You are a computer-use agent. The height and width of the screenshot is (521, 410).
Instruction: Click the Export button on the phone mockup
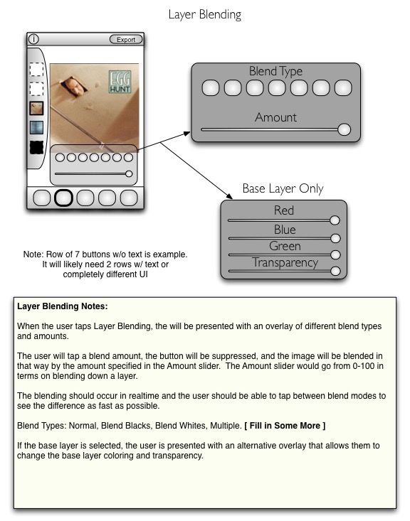[126, 40]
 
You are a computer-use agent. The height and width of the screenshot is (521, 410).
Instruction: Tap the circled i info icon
[33, 39]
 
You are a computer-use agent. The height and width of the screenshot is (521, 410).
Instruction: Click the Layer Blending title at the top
[205, 15]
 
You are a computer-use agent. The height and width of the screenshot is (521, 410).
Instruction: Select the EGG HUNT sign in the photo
[120, 82]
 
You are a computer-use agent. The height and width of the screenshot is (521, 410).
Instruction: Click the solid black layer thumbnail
[36, 148]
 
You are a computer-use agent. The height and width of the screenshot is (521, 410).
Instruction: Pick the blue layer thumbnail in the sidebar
[36, 128]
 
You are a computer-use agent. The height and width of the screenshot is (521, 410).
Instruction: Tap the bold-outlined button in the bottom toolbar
[63, 198]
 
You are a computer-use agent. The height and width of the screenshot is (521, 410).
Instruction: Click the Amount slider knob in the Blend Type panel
[345, 129]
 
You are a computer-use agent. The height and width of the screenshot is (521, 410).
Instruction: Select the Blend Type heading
[276, 71]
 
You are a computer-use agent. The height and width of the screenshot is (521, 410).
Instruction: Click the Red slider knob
[335, 220]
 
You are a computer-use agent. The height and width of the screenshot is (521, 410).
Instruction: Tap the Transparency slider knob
[335, 271]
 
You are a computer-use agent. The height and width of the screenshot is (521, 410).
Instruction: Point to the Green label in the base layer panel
[285, 246]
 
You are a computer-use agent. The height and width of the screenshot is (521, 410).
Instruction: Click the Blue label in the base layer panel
[285, 230]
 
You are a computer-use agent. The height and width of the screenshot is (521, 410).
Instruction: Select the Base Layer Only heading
[283, 188]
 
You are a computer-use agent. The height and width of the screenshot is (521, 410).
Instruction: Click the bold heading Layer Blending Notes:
[63, 306]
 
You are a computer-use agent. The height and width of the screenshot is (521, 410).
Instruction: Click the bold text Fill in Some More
[285, 426]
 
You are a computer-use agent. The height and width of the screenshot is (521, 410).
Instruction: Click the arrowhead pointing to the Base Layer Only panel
[228, 195]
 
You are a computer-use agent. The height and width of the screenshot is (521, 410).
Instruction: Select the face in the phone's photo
[75, 87]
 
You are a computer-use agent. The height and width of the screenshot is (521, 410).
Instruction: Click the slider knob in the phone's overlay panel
[129, 173]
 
